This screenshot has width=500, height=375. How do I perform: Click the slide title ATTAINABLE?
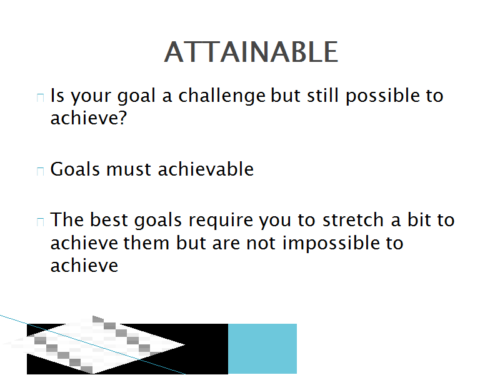pyautogui.click(x=251, y=52)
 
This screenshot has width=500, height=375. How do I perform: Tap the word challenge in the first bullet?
pyautogui.click(x=222, y=96)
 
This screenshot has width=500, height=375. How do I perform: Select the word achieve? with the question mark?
pyautogui.click(x=89, y=117)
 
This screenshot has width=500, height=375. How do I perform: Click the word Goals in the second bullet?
pyautogui.click(x=75, y=169)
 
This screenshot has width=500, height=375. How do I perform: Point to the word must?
pyautogui.click(x=129, y=169)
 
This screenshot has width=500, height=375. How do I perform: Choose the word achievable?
pyautogui.click(x=206, y=169)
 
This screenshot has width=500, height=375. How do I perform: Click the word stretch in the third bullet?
pyautogui.click(x=352, y=220)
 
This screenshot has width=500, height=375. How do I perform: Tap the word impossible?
pyautogui.click(x=331, y=243)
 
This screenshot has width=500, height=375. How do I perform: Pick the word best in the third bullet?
pyautogui.click(x=109, y=220)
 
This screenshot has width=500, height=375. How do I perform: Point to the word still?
pyautogui.click(x=322, y=96)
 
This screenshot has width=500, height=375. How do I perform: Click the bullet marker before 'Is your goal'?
pyautogui.click(x=40, y=97)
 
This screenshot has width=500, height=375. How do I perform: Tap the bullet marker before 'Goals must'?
pyautogui.click(x=40, y=171)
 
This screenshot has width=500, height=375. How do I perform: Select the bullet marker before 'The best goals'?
pyautogui.click(x=40, y=222)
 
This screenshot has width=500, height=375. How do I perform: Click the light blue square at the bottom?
pyautogui.click(x=262, y=349)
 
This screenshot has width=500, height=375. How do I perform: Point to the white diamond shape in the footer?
pyautogui.click(x=94, y=345)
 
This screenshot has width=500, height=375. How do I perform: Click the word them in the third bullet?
pyautogui.click(x=146, y=243)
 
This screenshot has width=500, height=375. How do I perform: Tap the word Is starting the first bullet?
pyautogui.click(x=57, y=96)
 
